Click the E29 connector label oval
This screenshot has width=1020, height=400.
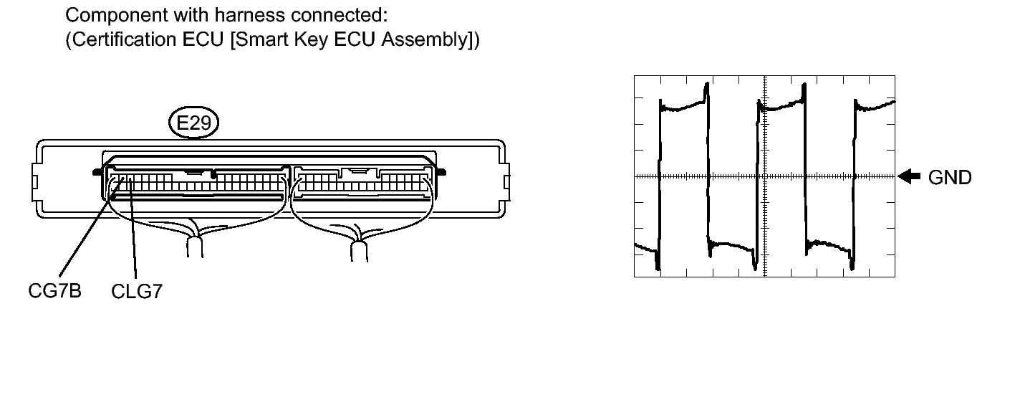pos(193,123)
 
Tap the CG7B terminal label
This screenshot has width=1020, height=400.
pos(54,290)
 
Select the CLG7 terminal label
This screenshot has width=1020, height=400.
pos(137,292)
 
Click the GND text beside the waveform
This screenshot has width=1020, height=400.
pos(950,177)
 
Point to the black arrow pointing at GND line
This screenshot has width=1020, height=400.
pos(909,176)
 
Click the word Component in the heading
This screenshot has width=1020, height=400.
pos(115,16)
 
